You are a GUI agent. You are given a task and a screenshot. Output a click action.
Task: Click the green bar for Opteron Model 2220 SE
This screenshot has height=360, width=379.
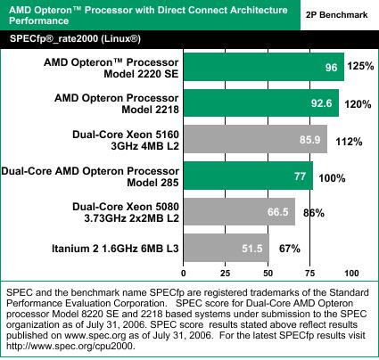[264, 67]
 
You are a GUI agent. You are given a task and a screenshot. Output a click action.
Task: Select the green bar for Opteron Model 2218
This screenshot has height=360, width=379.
[261, 102]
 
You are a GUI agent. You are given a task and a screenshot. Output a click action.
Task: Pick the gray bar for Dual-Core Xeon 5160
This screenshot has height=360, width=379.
[255, 139]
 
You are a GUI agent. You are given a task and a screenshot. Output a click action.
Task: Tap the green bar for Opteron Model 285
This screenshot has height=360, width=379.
[248, 176]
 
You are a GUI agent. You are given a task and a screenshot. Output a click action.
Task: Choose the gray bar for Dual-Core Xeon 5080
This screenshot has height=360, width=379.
[239, 212]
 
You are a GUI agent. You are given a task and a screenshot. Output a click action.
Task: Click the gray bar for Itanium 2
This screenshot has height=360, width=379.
[227, 248]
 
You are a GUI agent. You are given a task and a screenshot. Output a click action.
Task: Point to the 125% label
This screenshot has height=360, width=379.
[360, 66]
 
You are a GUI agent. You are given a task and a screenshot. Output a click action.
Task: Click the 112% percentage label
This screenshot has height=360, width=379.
[349, 142]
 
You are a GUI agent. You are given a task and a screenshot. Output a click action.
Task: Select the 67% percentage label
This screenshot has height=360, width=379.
[290, 249]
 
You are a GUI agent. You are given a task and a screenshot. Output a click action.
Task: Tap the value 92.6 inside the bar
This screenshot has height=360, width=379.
[321, 103]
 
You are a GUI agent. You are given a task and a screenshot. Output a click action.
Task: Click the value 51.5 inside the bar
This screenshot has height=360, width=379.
[252, 248]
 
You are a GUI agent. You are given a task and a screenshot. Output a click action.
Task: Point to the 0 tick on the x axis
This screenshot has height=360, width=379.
[184, 273]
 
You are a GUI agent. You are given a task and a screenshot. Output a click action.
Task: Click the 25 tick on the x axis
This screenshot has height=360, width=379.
[226, 273]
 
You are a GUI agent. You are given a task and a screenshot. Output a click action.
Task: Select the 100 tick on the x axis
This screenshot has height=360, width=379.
[351, 273]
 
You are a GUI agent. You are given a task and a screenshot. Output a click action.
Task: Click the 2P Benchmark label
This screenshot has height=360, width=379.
[337, 15]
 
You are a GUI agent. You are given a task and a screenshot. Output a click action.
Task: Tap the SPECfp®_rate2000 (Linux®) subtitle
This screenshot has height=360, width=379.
[75, 39]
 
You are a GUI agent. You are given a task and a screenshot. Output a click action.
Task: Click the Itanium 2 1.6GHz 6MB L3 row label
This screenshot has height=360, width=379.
[115, 249]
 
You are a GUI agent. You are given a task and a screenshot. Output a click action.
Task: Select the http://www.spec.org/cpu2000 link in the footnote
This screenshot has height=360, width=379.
[70, 346]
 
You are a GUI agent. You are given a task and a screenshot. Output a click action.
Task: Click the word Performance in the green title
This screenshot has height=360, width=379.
[39, 20]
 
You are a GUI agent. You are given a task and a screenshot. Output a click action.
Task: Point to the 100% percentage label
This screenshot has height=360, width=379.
[332, 178]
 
